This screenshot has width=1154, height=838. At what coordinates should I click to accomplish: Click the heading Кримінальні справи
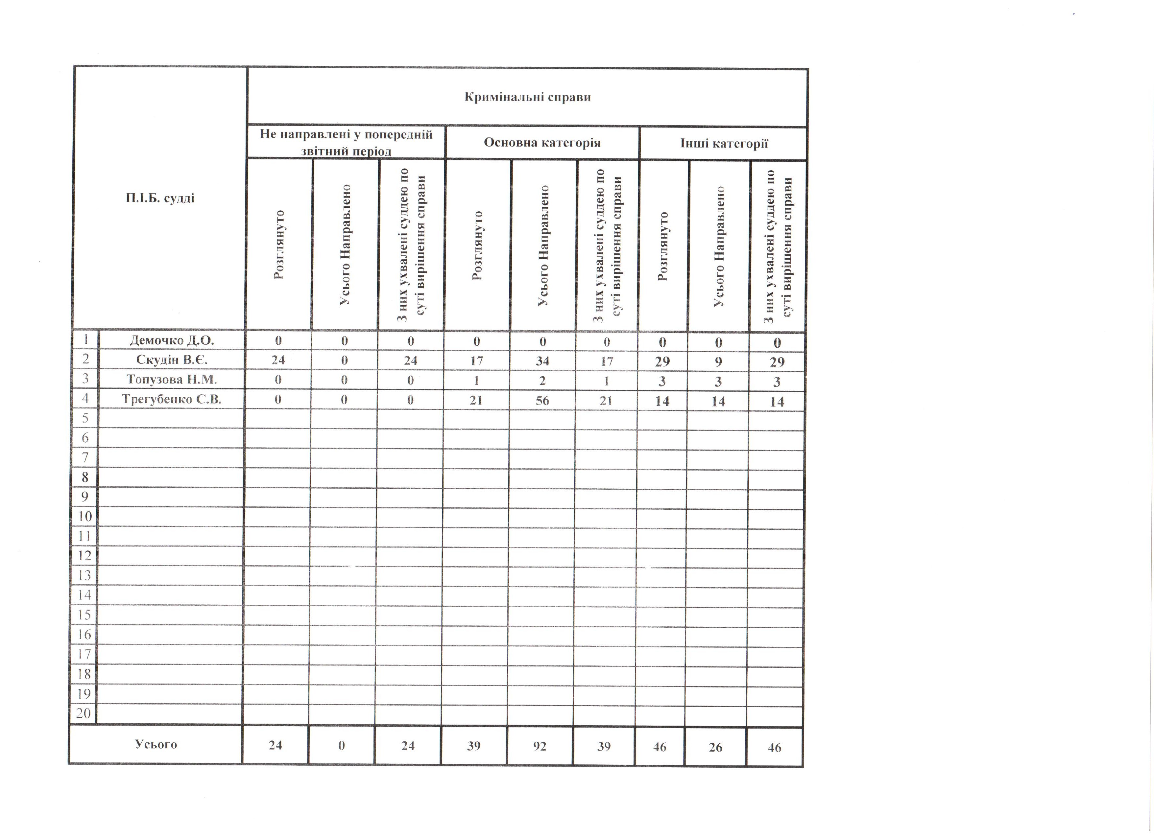[528, 97]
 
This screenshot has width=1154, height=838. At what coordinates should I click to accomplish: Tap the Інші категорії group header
[724, 143]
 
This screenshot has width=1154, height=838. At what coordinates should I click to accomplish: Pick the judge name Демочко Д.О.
[172, 340]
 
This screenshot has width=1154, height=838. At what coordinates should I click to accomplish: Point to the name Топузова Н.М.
[172, 379]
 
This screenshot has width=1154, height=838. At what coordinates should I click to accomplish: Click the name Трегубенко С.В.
[172, 399]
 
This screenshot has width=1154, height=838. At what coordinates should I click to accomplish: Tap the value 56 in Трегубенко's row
[542, 401]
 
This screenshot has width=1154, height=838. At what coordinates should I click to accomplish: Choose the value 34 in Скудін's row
[542, 361]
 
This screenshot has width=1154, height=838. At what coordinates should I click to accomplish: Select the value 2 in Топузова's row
[542, 381]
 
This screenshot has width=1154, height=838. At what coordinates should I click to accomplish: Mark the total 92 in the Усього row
[540, 746]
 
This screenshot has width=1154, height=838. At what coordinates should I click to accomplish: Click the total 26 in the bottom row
[715, 747]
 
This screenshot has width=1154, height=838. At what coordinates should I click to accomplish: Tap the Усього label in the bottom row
[156, 744]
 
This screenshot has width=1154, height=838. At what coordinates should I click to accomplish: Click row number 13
[84, 575]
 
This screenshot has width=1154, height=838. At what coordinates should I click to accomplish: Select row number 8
[84, 477]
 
